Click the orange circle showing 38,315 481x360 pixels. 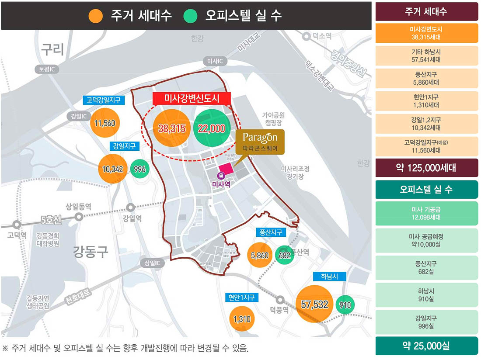(x=171, y=128)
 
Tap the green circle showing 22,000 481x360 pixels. (x=212, y=128)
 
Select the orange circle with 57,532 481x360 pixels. (x=315, y=305)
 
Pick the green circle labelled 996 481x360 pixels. (x=139, y=169)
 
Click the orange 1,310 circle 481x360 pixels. (x=242, y=319)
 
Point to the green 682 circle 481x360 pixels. (x=285, y=255)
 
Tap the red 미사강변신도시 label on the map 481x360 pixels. (x=192, y=98)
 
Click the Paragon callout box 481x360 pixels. (x=260, y=142)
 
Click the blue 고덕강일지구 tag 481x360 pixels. (x=104, y=100)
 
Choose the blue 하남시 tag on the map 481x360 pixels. (x=329, y=277)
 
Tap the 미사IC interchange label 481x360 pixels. (x=215, y=62)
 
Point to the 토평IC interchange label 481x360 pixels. (x=46, y=69)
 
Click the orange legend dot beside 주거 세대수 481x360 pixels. (x=95, y=16)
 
